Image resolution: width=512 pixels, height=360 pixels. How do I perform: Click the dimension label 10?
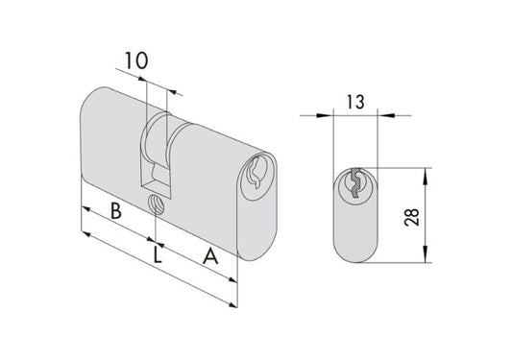136,61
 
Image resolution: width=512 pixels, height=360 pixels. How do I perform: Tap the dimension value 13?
355,102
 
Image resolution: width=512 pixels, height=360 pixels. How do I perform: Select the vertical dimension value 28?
412,217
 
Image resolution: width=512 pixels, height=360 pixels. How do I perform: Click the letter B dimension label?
116,211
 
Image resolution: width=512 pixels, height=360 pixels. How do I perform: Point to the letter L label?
158,255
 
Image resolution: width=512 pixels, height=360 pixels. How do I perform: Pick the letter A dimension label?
210,256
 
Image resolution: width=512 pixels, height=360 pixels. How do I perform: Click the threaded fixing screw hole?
157,204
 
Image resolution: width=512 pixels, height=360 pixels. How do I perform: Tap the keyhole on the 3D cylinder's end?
256,173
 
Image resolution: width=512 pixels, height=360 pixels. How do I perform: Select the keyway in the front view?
355,183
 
